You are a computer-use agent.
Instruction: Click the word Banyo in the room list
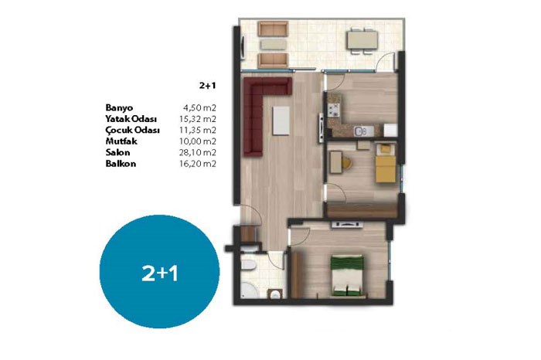click(119, 107)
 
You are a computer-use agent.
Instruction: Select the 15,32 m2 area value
click(198, 119)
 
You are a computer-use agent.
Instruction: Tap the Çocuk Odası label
click(132, 130)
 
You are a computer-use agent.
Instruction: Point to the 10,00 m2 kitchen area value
click(198, 141)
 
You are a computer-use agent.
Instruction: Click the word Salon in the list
click(117, 152)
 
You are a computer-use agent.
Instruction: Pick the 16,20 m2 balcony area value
click(198, 164)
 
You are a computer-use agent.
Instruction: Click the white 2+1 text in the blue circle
click(160, 273)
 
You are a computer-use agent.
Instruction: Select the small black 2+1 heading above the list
click(207, 86)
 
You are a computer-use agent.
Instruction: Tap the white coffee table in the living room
click(281, 121)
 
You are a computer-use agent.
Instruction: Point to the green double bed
click(347, 275)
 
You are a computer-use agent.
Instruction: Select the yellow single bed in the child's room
click(386, 163)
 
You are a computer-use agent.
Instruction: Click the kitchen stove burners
click(334, 110)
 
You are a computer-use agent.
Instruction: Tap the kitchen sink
click(363, 131)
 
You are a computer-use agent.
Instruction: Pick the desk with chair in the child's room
click(340, 162)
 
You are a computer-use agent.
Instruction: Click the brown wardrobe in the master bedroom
click(296, 275)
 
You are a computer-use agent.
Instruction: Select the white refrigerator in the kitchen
click(390, 131)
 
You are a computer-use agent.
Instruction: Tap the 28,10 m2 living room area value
click(198, 152)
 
